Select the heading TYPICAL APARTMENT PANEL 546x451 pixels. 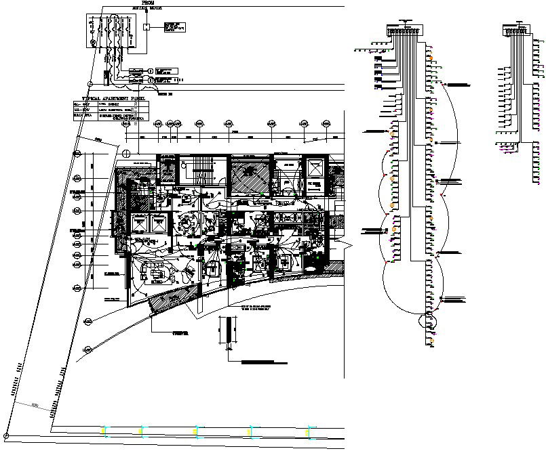(x=113, y=98)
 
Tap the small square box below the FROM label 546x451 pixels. (x=147, y=27)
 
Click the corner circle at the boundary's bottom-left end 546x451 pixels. (x=9, y=434)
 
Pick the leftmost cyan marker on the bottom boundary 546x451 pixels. (x=104, y=430)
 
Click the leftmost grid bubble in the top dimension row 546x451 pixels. (x=125, y=124)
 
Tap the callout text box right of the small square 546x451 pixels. (x=174, y=27)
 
